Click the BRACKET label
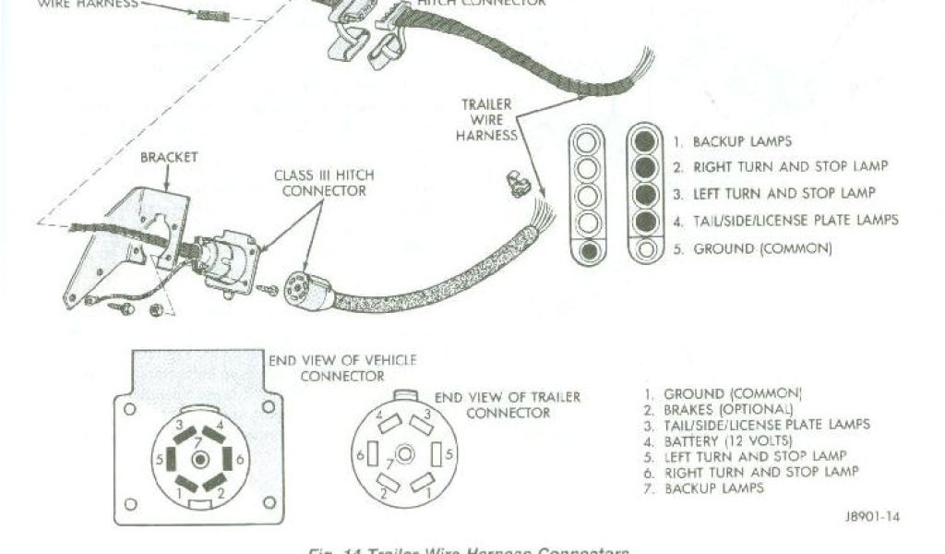pos(169,158)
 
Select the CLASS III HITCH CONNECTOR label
pos(324,183)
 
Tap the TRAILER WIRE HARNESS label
pos(486,120)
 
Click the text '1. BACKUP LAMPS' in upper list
pos(732,142)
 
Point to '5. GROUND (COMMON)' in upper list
pos(752,249)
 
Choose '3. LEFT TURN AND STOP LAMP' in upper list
pos(773,194)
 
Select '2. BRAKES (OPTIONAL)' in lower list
pos(718,409)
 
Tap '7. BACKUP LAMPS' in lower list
pos(704,488)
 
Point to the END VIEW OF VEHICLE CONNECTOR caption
pos(341,367)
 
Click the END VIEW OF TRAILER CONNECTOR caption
pos(508,404)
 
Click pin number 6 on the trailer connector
pos(359,454)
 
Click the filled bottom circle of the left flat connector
pos(588,250)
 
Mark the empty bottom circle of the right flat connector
pos(646,248)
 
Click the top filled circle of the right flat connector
pos(646,141)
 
